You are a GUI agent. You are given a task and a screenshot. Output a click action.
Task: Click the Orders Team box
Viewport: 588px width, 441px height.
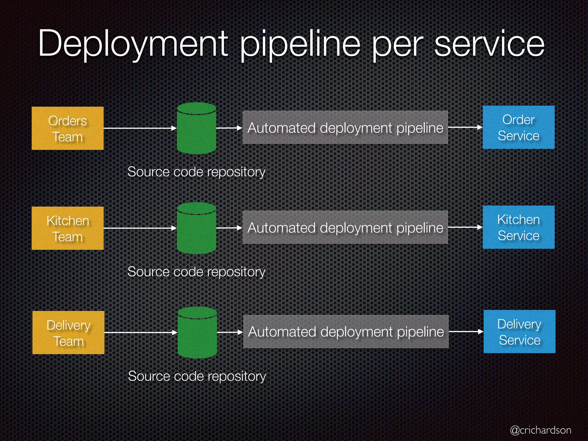click(67, 128)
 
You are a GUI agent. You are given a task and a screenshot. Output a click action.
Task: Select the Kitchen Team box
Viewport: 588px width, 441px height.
click(67, 228)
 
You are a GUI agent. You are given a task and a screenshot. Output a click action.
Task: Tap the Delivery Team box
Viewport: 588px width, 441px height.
click(68, 332)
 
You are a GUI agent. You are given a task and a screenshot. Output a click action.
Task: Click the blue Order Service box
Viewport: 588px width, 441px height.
click(519, 127)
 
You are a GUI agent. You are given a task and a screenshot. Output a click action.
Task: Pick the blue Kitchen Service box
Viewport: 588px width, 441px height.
click(519, 227)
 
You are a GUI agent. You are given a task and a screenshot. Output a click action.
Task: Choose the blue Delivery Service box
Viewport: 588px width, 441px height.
click(519, 332)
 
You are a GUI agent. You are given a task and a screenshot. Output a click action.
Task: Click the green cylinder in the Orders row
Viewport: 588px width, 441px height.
click(196, 128)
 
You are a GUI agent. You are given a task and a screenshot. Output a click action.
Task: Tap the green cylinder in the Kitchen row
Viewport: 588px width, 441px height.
click(196, 228)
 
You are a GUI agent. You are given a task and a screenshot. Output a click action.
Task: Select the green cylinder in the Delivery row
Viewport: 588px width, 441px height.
click(197, 332)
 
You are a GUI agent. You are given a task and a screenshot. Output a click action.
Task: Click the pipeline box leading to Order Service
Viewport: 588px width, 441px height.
click(345, 127)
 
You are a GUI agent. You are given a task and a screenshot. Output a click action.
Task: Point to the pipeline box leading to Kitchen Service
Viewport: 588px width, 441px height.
click(345, 227)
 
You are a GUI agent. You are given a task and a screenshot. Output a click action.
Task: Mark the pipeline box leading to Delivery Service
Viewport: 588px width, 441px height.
click(346, 332)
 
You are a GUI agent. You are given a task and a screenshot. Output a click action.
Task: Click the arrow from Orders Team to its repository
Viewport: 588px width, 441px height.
click(140, 128)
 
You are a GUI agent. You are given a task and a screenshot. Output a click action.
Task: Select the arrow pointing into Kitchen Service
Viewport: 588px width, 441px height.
click(465, 227)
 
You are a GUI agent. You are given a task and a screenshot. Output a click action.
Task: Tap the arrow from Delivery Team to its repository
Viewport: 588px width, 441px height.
click(141, 332)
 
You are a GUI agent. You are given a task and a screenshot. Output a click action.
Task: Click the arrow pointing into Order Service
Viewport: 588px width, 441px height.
click(465, 127)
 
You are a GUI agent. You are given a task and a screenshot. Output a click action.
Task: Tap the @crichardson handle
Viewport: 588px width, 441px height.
click(540, 430)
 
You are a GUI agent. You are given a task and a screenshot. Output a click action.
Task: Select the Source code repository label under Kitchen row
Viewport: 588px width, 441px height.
click(196, 272)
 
